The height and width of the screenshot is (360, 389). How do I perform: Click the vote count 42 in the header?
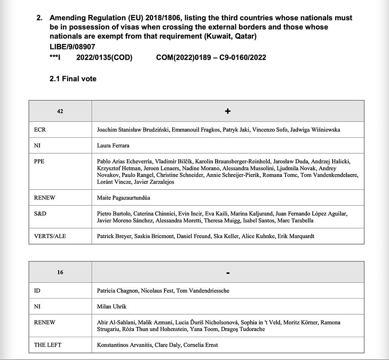60,111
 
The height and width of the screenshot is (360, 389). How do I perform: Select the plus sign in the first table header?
228,111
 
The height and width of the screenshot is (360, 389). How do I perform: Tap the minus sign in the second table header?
228,273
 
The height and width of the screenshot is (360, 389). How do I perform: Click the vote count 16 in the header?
60,272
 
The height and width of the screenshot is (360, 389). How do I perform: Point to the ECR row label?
40,130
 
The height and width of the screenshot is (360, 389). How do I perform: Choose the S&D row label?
40,214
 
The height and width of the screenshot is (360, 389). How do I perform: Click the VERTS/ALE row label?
50,236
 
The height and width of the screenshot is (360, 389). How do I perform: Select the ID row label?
37,291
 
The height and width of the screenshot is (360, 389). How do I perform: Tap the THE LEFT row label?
48,345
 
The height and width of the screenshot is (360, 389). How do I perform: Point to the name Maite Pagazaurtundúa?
123,198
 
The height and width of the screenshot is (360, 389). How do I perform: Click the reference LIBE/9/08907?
72,46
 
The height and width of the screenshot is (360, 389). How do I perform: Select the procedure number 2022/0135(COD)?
104,57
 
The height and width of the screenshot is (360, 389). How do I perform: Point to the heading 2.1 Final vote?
73,79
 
